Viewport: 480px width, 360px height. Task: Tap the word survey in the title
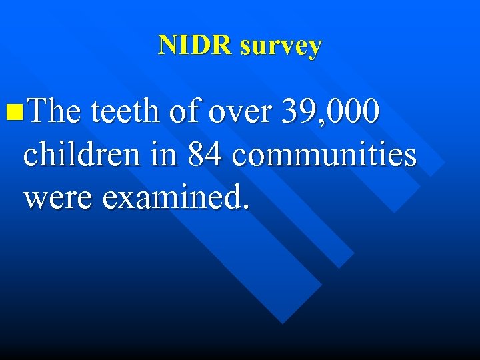point(281,47)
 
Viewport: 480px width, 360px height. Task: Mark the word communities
point(325,155)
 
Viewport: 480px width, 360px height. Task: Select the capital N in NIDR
point(167,45)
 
